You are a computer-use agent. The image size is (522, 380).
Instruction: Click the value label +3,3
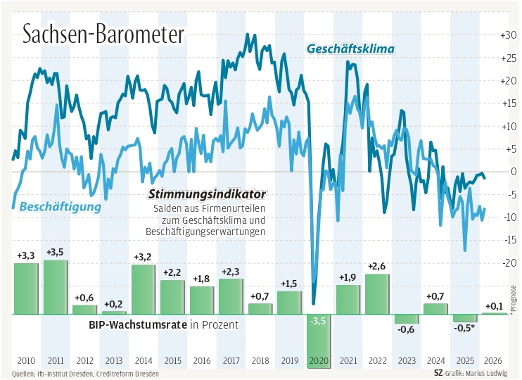tap(25, 255)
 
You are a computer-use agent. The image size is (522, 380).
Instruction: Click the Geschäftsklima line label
tap(350, 49)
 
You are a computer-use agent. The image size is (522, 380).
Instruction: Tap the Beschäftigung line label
tap(61, 207)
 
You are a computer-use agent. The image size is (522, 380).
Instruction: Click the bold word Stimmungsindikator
tap(206, 194)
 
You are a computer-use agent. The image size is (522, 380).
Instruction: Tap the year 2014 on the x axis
tap(144, 361)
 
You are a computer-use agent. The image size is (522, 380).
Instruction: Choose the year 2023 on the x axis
tap(407, 361)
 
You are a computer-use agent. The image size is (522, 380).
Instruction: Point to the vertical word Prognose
tap(514, 298)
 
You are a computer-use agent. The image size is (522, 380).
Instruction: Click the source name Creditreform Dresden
tap(129, 374)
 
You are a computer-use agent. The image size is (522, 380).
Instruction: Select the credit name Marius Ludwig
tap(490, 374)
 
